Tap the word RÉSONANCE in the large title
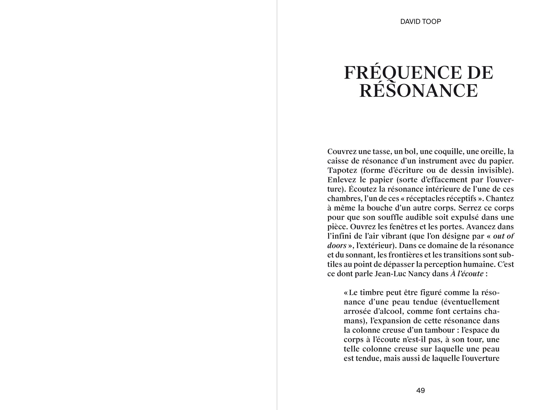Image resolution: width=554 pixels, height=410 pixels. click(x=418, y=91)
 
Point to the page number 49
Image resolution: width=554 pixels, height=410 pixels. click(x=420, y=391)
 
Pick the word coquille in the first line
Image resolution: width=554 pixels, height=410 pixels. click(x=447, y=152)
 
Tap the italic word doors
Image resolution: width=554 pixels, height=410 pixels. click(x=337, y=246)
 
